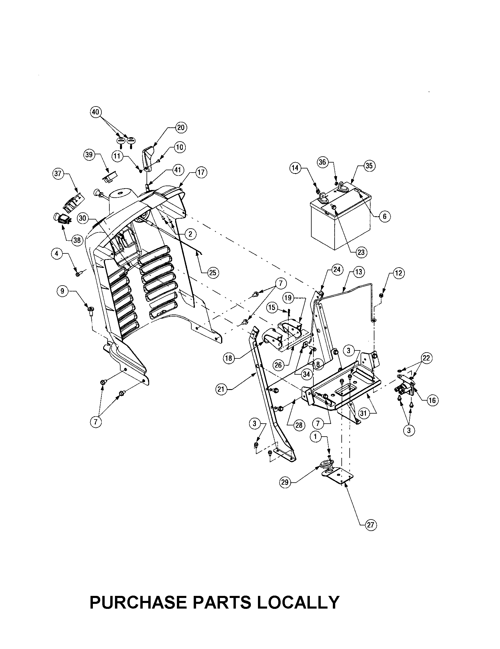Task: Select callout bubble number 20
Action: pyautogui.click(x=180, y=127)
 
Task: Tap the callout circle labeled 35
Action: pyautogui.click(x=369, y=165)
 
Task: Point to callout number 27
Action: pyautogui.click(x=371, y=525)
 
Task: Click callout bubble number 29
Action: pyautogui.click(x=285, y=482)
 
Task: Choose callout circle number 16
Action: pyautogui.click(x=432, y=400)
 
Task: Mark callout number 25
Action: pyautogui.click(x=213, y=273)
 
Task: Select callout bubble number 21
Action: pyautogui.click(x=221, y=389)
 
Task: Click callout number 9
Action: pyautogui.click(x=62, y=291)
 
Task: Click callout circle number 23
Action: pyautogui.click(x=361, y=252)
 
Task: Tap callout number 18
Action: pyautogui.click(x=228, y=358)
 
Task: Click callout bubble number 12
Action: pyautogui.click(x=398, y=273)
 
